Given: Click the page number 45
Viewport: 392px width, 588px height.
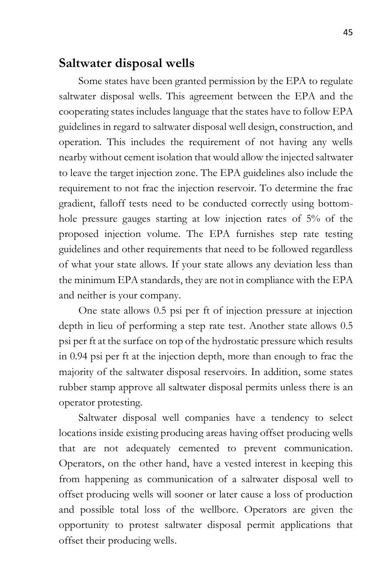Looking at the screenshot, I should coord(348,32).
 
